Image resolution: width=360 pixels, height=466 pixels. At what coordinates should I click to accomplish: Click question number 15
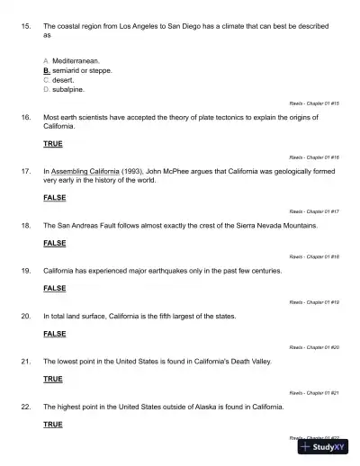pos(24,28)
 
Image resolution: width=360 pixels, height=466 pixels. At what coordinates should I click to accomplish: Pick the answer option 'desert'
pos(66,79)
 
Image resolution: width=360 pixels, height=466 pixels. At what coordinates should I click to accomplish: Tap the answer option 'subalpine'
pos(69,90)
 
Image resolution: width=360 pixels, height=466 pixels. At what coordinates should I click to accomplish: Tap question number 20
pos(24,316)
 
